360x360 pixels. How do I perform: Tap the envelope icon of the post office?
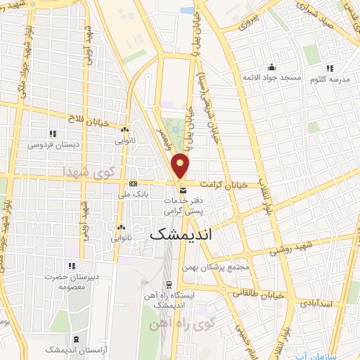click(183, 191)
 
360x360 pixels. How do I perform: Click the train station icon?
click(169, 285)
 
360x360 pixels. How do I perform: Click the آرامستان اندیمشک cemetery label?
click(70, 349)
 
